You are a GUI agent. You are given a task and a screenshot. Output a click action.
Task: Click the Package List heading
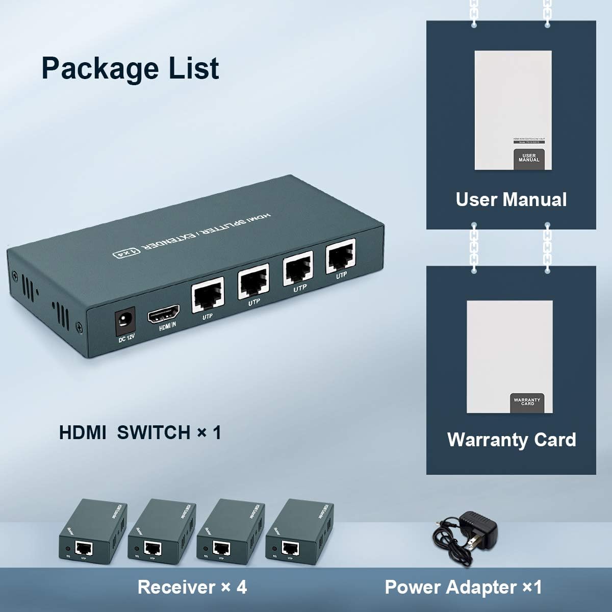130,69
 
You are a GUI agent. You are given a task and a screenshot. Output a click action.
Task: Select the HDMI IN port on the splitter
163,314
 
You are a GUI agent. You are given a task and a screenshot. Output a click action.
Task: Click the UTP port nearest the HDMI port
208,296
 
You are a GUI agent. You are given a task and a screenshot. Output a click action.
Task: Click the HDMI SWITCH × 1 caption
140,432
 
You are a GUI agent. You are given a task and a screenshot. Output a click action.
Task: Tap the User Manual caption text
511,199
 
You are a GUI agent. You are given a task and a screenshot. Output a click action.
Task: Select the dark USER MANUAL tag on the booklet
529,159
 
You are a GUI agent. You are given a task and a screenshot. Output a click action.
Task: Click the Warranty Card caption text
512,440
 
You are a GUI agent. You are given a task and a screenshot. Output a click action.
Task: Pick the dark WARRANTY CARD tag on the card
527,402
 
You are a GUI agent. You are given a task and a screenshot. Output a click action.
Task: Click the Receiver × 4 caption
192,587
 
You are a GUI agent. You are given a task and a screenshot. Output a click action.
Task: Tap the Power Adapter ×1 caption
463,587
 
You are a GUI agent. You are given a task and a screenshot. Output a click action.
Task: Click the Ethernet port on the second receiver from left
152,548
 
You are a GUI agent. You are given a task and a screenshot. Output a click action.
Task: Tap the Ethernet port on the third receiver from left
221,548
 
